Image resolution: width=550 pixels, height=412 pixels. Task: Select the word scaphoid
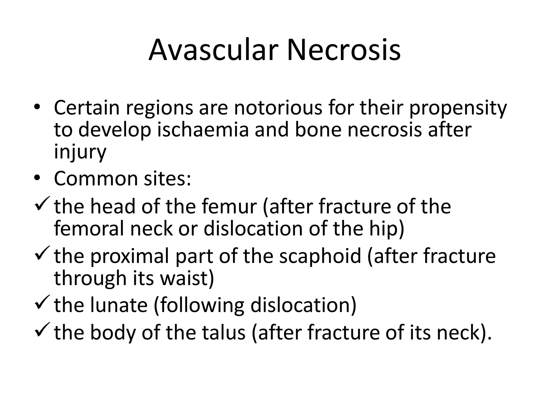point(320,256)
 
